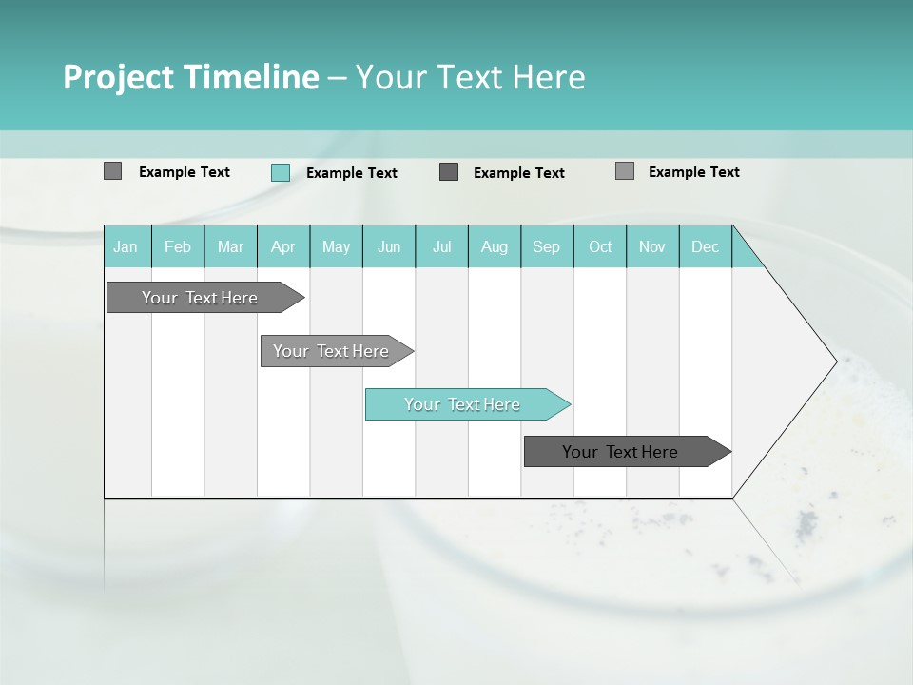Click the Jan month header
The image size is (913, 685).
click(126, 246)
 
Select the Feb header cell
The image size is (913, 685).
click(178, 246)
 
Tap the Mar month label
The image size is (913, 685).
click(230, 246)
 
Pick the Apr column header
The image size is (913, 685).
click(282, 246)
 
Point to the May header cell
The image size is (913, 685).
click(336, 246)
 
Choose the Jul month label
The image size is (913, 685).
click(441, 246)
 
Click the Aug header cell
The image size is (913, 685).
click(494, 246)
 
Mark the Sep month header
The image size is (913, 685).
click(546, 246)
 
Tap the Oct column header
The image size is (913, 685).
click(600, 246)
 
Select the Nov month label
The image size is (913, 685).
click(651, 246)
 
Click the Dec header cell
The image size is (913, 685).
click(705, 246)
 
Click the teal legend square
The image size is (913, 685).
click(280, 172)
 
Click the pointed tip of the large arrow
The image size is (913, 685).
click(834, 361)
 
